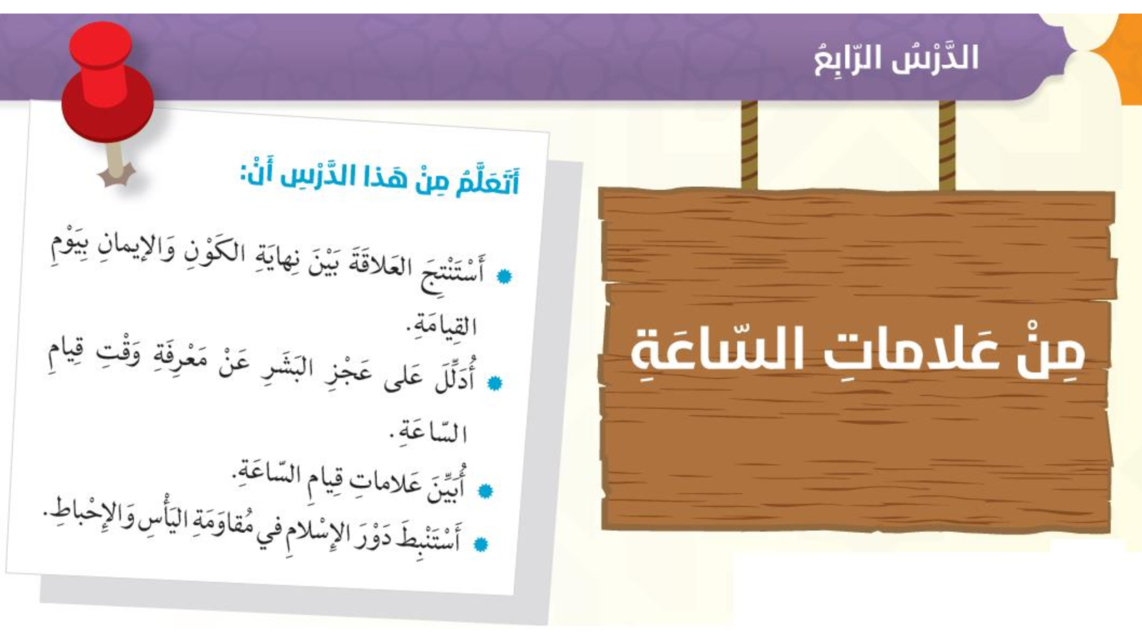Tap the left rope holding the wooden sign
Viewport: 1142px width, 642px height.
749,146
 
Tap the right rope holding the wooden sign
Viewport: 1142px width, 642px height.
946,146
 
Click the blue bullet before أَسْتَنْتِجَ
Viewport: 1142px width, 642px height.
504,277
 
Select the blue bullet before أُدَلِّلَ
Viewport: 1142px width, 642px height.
494,382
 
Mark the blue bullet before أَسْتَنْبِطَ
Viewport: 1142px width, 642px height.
480,544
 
